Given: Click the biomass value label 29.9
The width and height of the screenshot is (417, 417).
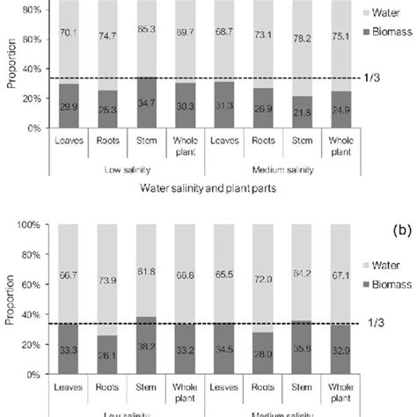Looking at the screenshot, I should (x=67, y=106).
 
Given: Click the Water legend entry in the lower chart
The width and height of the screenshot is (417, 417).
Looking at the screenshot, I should (x=383, y=265).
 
